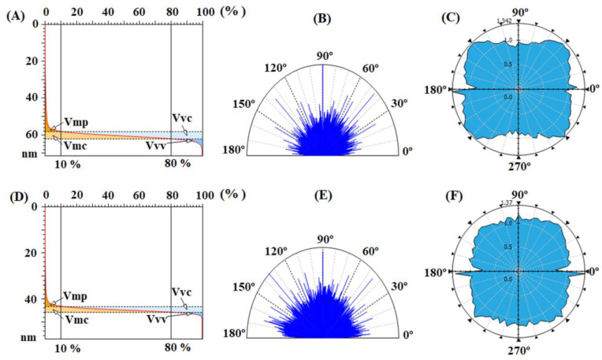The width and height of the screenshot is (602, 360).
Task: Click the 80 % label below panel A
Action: click(177, 163)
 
